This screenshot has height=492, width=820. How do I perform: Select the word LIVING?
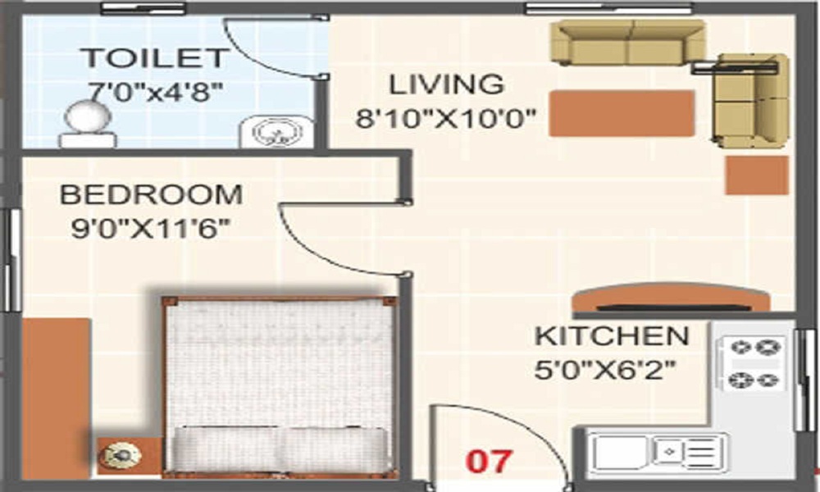[445, 84]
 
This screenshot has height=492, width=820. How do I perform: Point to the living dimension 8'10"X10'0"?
[445, 119]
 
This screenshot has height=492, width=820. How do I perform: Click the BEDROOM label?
[152, 195]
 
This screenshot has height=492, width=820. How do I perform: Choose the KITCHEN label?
[611, 336]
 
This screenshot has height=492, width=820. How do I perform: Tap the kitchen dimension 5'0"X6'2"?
[605, 369]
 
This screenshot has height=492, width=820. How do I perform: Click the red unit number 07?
[489, 461]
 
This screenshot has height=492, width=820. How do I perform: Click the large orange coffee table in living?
[622, 113]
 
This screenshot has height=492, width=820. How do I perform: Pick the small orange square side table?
[756, 175]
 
